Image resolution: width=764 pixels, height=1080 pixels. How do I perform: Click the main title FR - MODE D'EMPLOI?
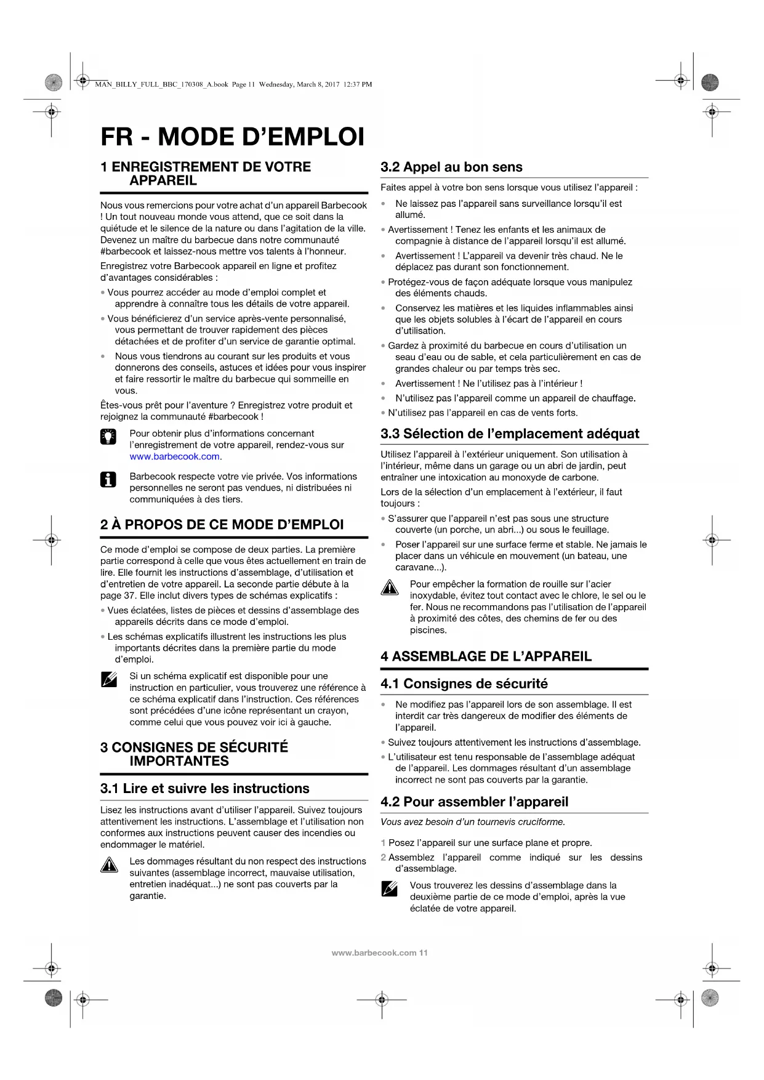[232, 137]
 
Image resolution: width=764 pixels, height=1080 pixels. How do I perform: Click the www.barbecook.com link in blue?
[175, 456]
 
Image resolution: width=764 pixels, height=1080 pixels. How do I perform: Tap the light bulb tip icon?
[108, 437]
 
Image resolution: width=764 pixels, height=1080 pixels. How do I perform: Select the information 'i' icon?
[108, 480]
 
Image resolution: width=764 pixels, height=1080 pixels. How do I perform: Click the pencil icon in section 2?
[108, 680]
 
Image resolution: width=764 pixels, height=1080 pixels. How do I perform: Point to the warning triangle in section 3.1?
[109, 865]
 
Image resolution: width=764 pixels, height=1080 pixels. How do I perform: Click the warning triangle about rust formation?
[389, 588]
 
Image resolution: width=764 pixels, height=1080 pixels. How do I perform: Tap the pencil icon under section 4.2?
[389, 889]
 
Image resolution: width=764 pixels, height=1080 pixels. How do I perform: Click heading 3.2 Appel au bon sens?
[451, 167]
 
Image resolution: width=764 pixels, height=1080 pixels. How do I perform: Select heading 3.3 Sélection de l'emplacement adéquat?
[510, 433]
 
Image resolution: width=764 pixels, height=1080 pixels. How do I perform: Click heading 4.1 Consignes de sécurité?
[464, 683]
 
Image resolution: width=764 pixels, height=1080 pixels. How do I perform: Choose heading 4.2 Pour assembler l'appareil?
[474, 802]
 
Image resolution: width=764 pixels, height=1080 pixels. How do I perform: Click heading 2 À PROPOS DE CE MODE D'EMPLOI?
[222, 525]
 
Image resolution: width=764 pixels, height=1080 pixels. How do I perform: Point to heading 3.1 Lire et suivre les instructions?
[204, 788]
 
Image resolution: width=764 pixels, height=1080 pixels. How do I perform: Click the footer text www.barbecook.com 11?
[379, 953]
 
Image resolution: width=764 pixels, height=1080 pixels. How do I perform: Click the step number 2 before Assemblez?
[383, 857]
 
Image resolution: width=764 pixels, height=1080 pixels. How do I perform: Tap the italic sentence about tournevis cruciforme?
[472, 822]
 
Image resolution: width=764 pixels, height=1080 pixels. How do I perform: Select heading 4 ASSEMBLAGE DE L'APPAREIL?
[486, 656]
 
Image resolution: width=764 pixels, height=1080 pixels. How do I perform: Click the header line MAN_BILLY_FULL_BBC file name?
[233, 84]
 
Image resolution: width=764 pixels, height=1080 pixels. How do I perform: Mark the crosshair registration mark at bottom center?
[382, 999]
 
